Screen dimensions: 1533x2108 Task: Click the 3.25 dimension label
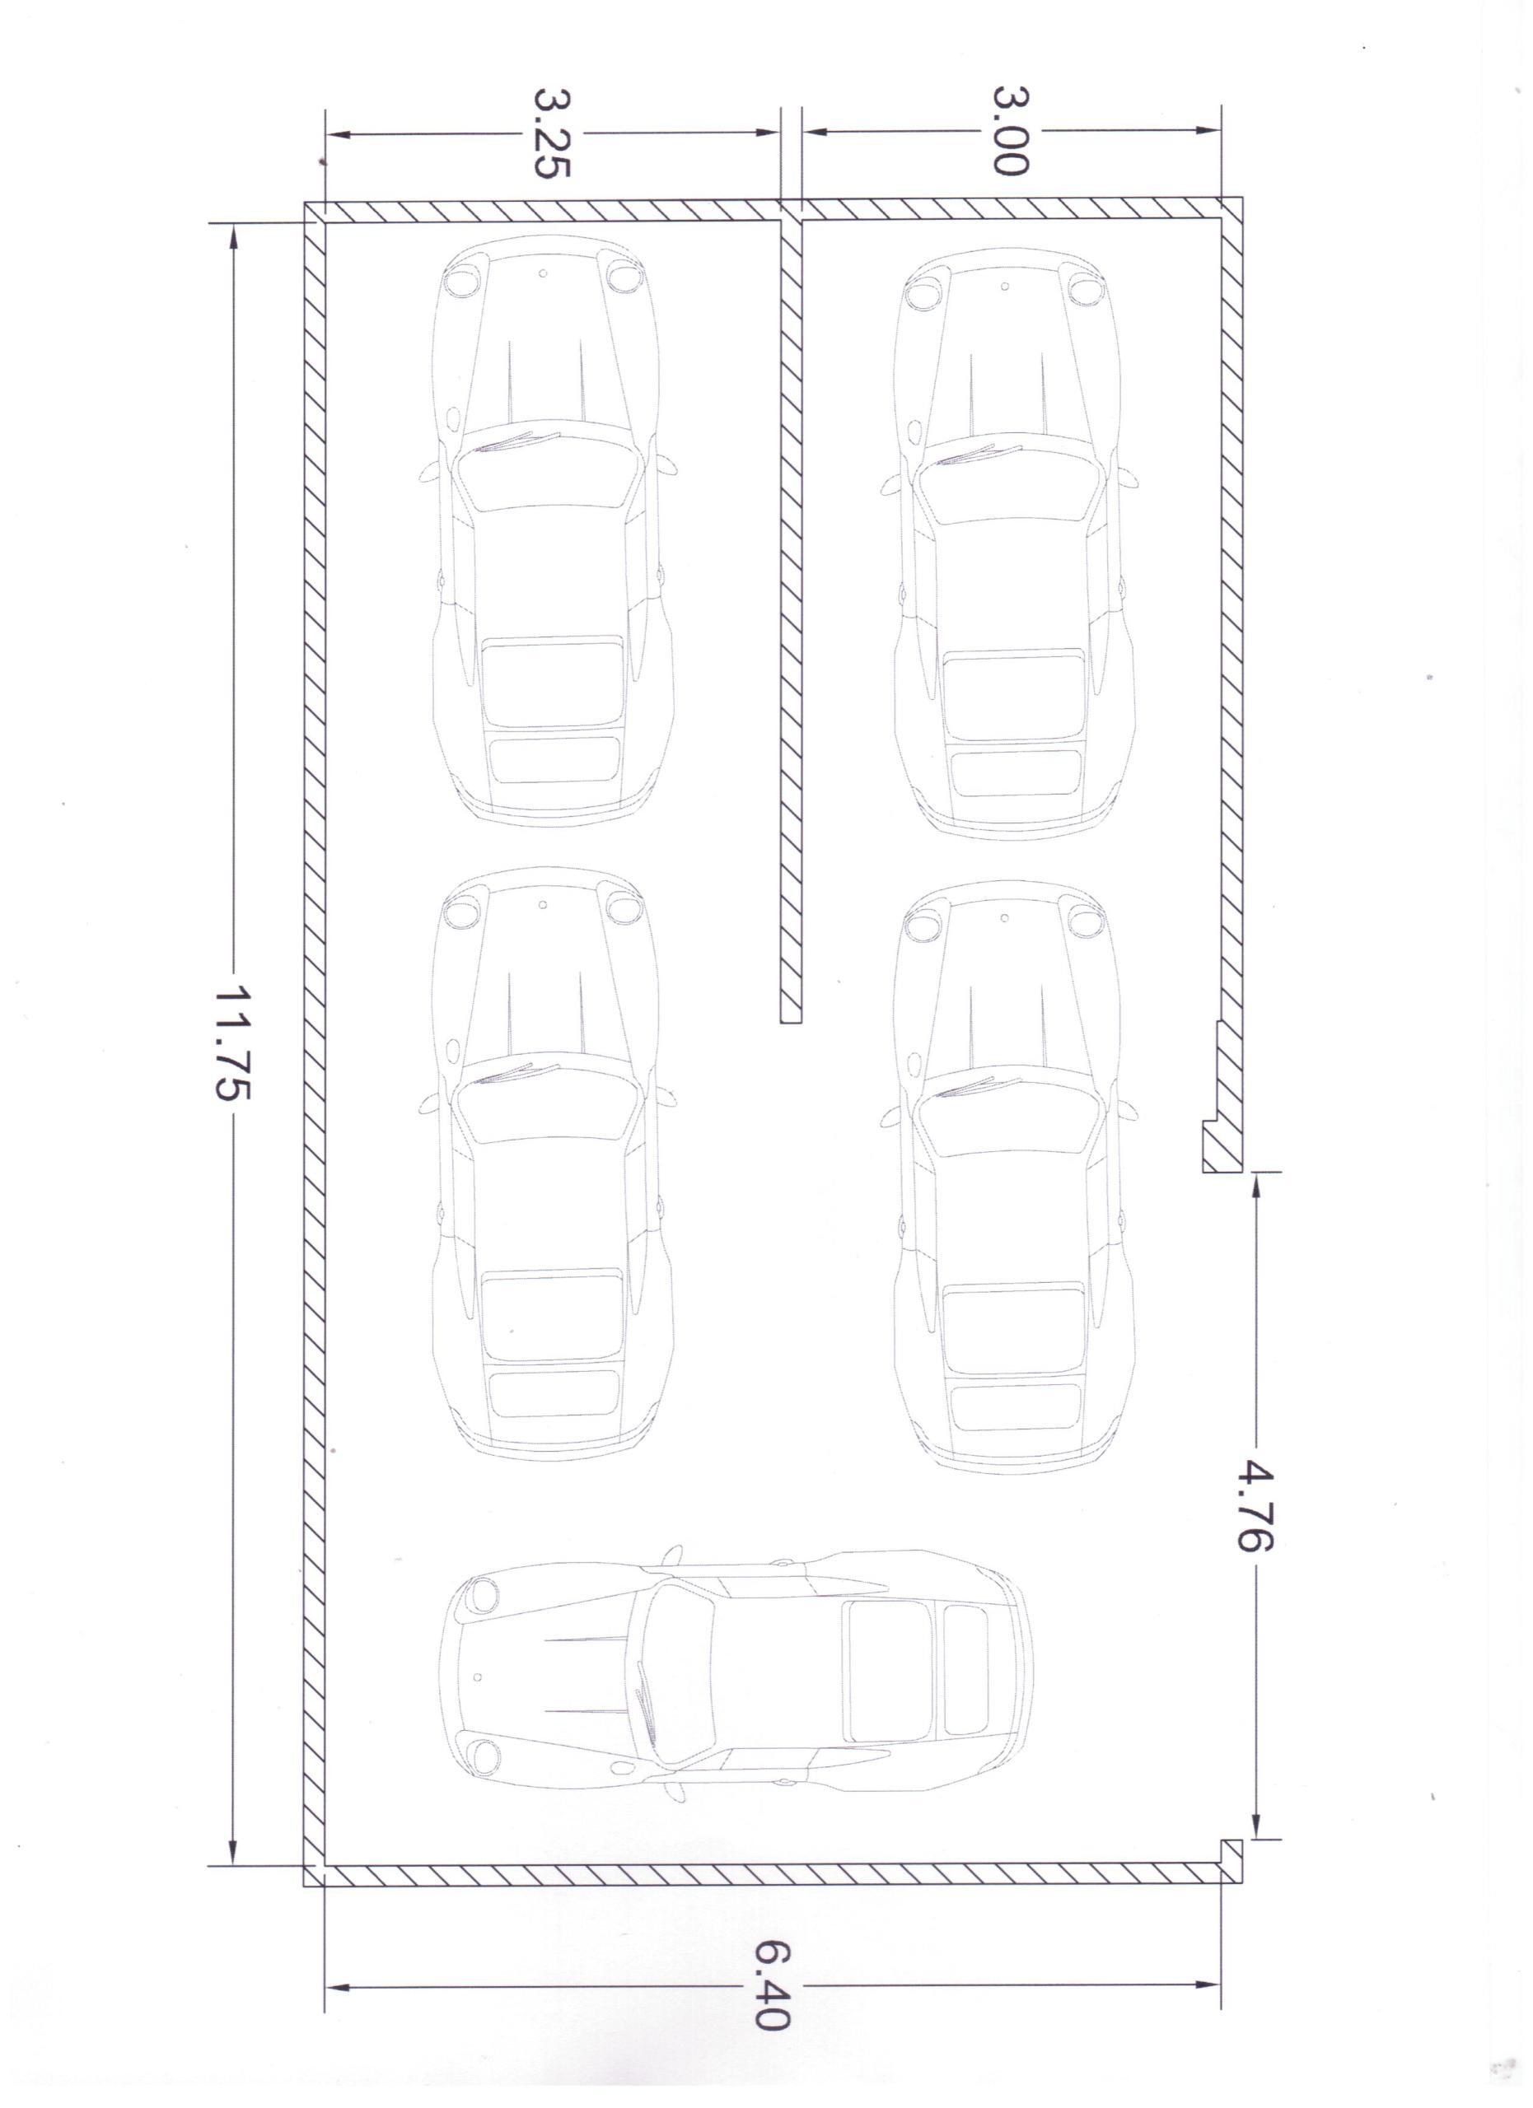pyautogui.click(x=551, y=133)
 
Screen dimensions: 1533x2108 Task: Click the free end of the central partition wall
pyautogui.click(x=790, y=1018)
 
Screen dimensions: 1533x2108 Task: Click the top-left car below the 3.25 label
pyautogui.click(x=552, y=529)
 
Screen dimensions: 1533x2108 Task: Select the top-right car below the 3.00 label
pyautogui.click(x=1013, y=543)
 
